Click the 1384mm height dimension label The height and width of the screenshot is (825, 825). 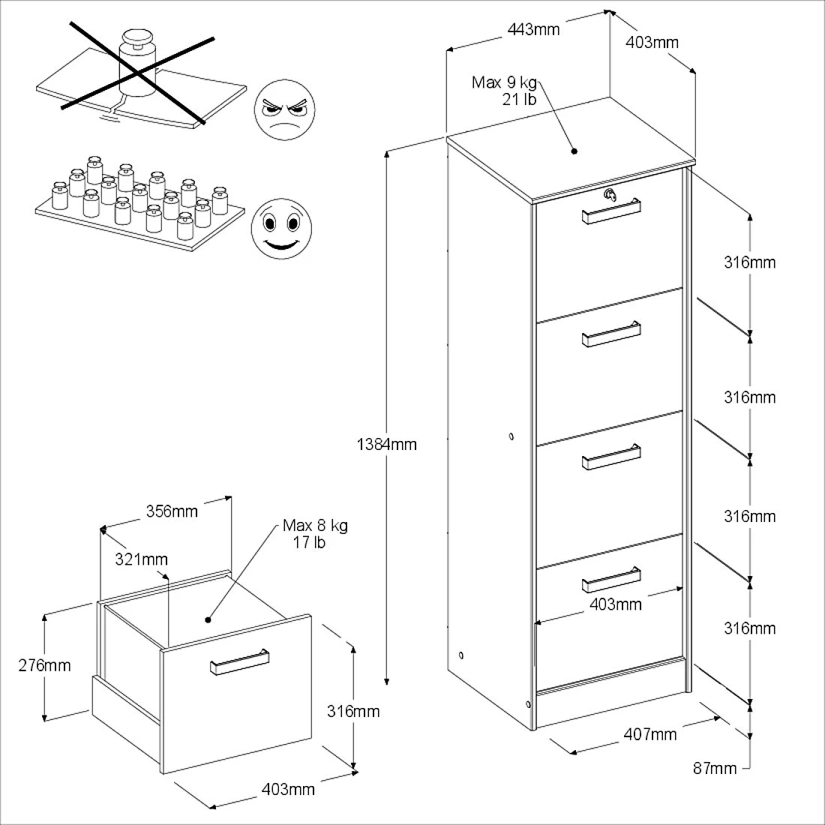[x=386, y=444]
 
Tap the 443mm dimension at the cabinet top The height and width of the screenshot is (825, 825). [x=533, y=29]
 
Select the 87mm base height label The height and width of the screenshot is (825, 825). [x=714, y=767]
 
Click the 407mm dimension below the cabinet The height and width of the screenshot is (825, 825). [x=649, y=734]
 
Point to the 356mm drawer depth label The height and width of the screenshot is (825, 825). [x=172, y=511]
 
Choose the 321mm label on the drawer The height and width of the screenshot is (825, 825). [x=141, y=559]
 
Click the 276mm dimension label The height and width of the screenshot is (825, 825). [x=44, y=664]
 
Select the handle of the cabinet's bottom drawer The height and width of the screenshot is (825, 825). [x=611, y=580]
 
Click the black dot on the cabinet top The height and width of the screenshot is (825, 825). [x=574, y=151]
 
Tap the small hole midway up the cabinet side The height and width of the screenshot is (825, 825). [x=511, y=436]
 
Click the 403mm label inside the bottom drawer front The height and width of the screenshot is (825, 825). [x=616, y=604]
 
